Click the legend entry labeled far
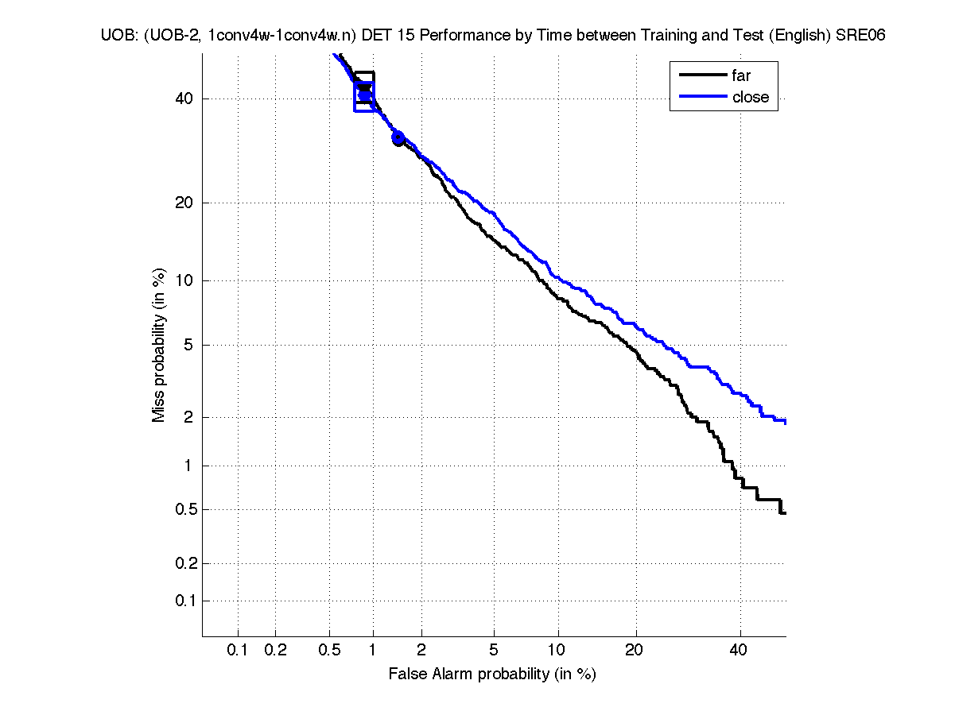(x=740, y=76)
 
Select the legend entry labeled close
(x=750, y=97)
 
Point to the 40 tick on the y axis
(x=184, y=99)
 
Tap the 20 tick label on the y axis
(x=184, y=203)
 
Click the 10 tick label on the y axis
(x=184, y=280)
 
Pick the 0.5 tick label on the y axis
(x=182, y=509)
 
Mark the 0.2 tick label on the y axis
(x=182, y=564)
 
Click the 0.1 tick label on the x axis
(x=238, y=651)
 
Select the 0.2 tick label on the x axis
(x=275, y=651)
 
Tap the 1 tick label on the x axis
(x=373, y=651)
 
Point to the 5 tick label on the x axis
(x=494, y=651)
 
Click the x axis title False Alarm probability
(x=492, y=674)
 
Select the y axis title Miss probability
(x=159, y=345)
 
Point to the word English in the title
(x=800, y=36)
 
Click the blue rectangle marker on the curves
(x=364, y=96)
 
